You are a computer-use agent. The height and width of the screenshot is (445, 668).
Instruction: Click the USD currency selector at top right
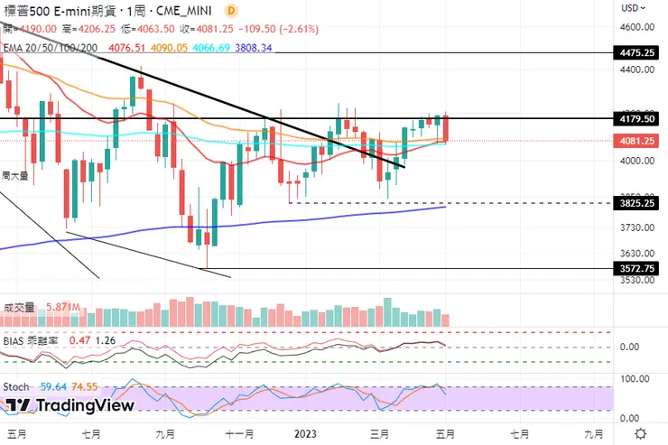point(632,8)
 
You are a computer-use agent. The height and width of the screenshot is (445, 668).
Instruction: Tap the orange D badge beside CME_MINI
point(231,10)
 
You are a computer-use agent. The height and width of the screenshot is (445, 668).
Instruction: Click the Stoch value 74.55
point(84,387)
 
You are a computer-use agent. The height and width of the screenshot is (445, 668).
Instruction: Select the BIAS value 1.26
point(106,341)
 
